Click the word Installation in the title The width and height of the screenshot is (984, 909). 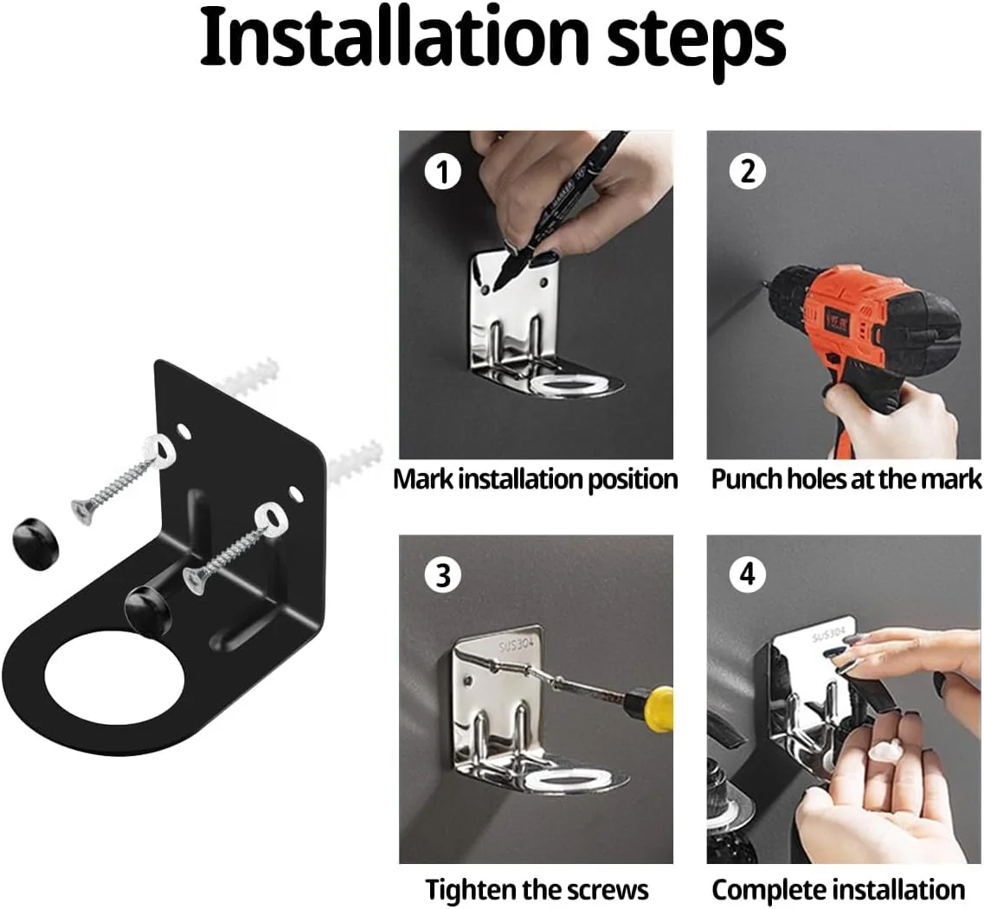click(x=395, y=38)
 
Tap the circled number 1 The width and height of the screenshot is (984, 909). click(x=443, y=172)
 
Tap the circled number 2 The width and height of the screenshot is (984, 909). click(x=748, y=170)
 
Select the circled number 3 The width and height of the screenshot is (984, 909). click(x=443, y=574)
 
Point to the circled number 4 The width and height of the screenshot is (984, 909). click(x=748, y=573)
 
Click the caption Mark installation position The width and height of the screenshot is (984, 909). click(x=536, y=479)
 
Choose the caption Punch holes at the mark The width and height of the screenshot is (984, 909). click(x=846, y=479)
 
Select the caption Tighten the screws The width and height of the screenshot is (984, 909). click(x=537, y=890)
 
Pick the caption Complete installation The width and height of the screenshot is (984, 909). click(x=839, y=890)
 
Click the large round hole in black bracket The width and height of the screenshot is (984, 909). click(x=114, y=680)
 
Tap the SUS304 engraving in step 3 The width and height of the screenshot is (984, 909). click(x=516, y=645)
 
